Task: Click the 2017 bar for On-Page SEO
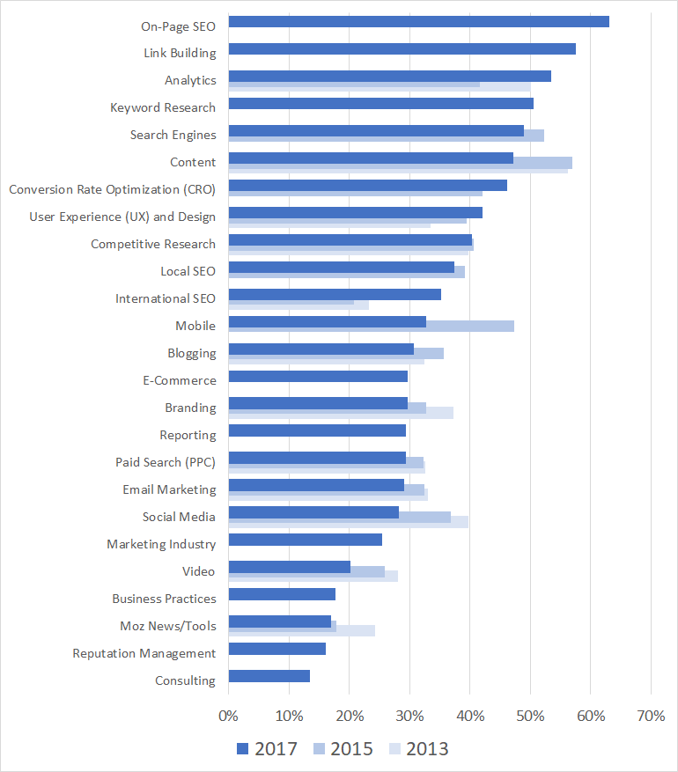coord(418,22)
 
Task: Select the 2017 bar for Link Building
coord(402,49)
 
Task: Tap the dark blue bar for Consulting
coord(269,676)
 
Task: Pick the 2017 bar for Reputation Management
coord(276,649)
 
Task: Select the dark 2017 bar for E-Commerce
coord(318,377)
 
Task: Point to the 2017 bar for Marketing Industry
coord(305,540)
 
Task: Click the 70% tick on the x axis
coord(650,716)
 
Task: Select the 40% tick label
coord(469,716)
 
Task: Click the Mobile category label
coord(195,326)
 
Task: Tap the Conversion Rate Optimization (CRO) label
coord(112,189)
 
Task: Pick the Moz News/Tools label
coord(167,626)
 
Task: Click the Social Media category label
coord(179,517)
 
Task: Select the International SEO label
coord(165,298)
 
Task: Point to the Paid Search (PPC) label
coord(165,462)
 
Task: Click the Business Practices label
coord(164,599)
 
